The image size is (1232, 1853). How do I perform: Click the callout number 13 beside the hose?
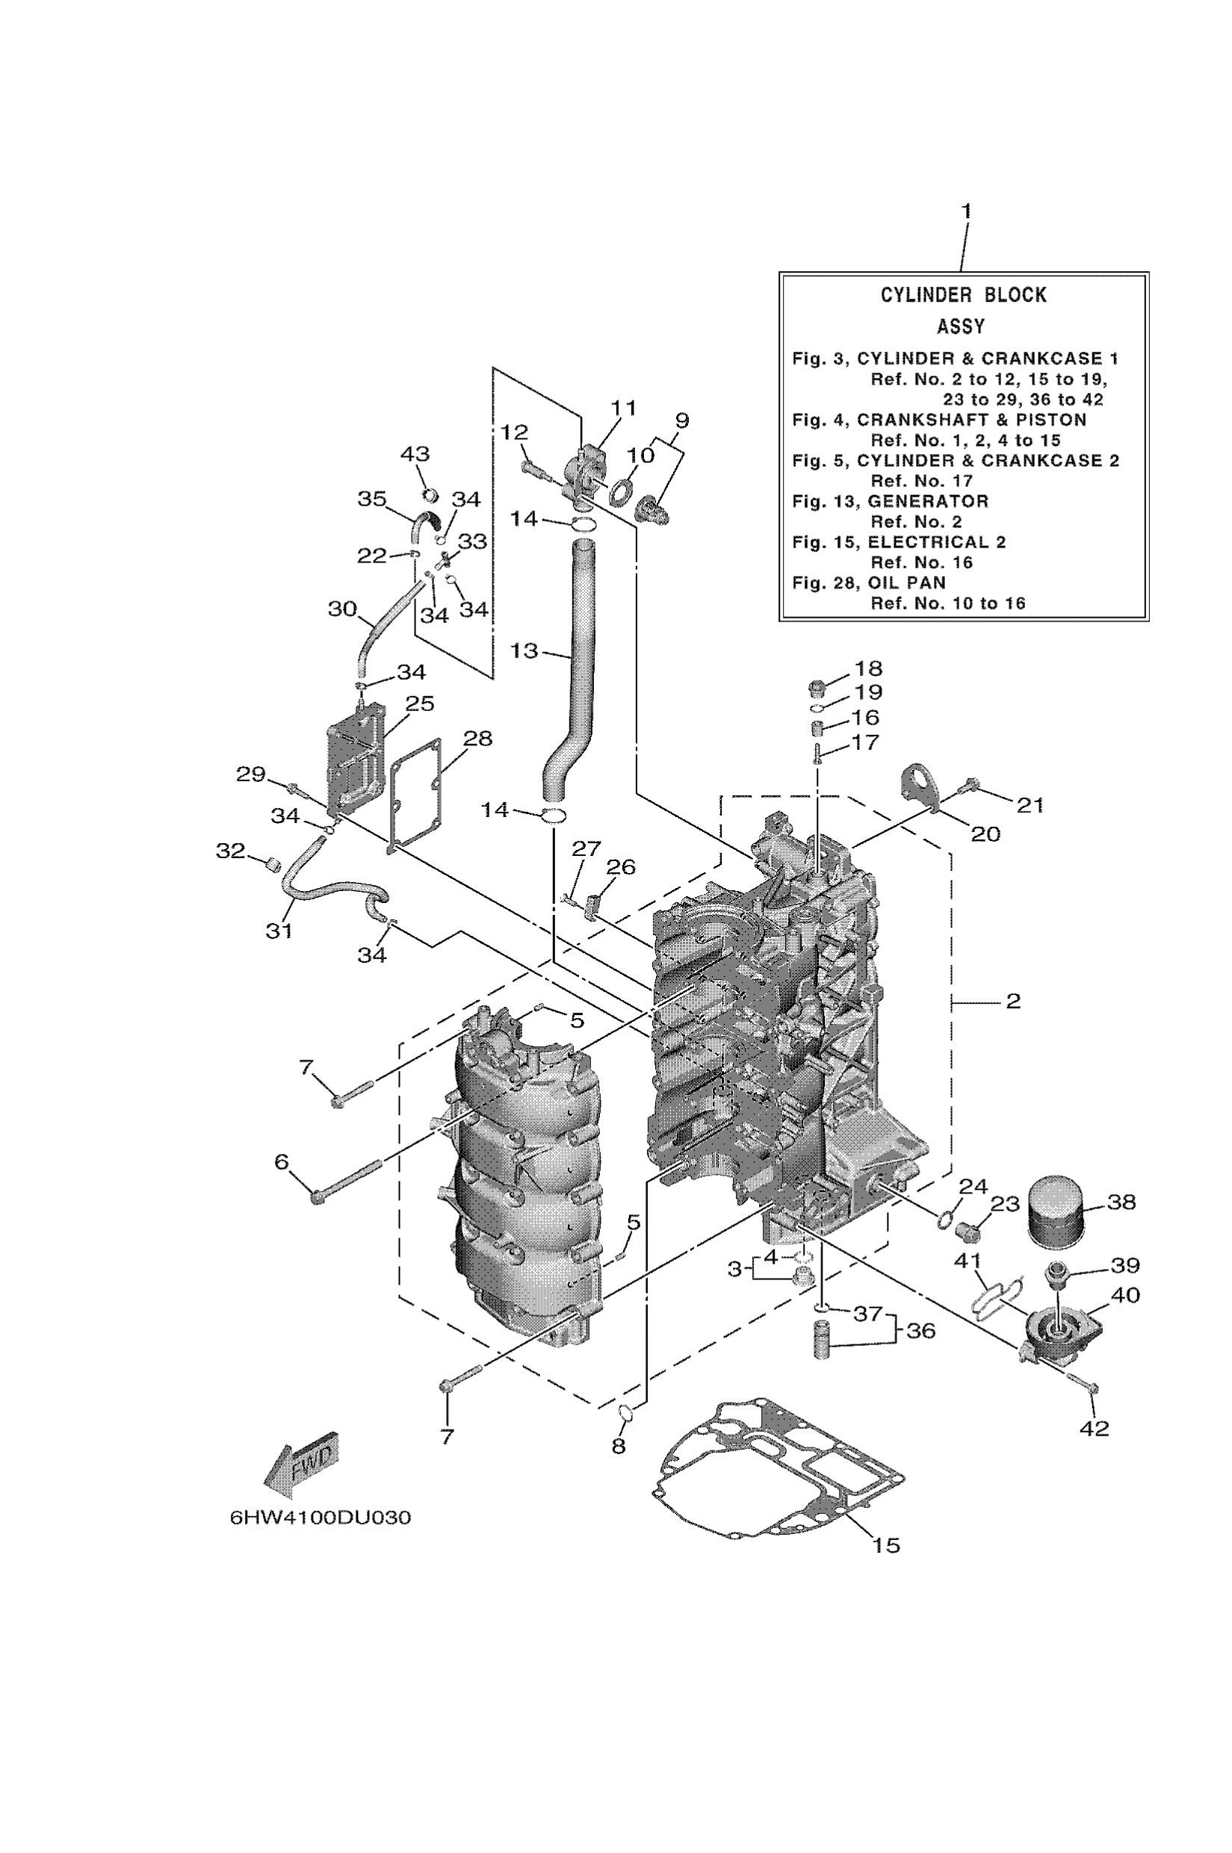tap(524, 651)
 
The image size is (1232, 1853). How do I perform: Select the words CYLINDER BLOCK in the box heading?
tap(963, 295)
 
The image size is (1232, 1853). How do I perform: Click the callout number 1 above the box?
tap(967, 211)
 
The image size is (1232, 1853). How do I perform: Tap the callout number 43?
tap(415, 454)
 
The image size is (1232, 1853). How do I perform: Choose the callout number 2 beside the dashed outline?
tap(1013, 1001)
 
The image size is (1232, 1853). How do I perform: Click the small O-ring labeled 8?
tap(626, 1412)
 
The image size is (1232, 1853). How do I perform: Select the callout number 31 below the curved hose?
tap(279, 931)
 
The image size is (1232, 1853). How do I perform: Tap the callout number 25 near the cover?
tap(420, 703)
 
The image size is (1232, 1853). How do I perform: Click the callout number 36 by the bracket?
tap(921, 1331)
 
